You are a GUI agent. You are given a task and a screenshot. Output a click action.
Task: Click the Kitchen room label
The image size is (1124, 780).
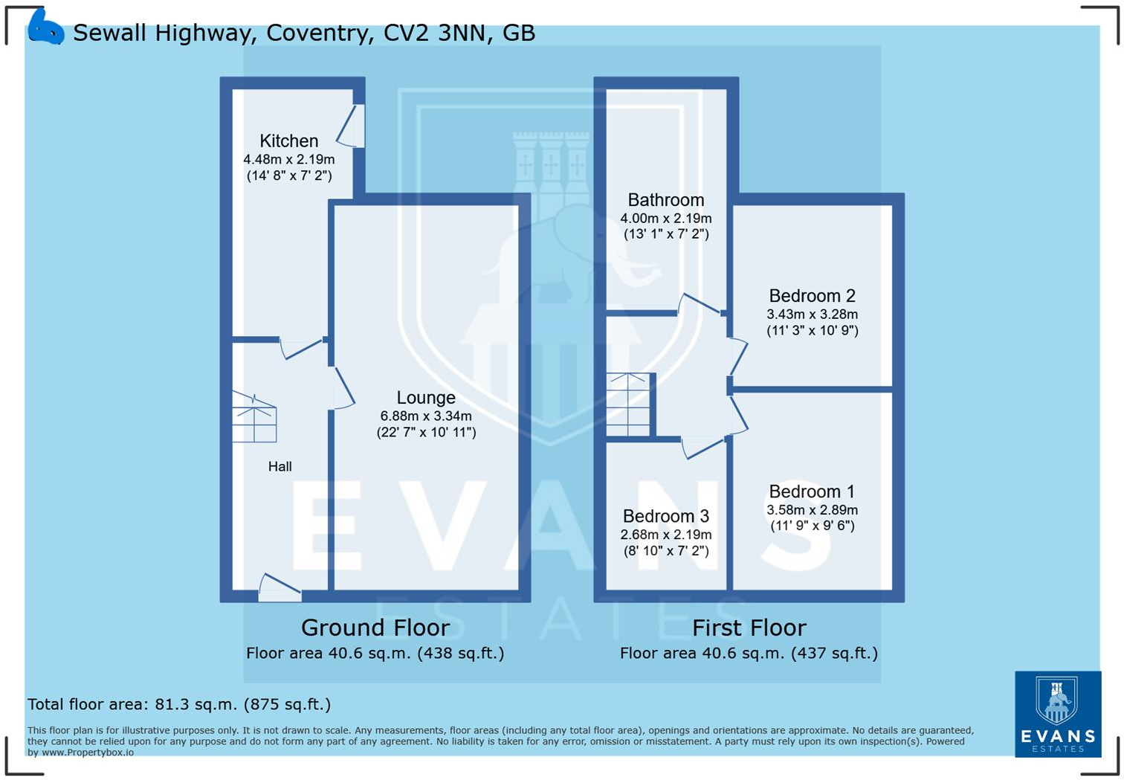(x=288, y=141)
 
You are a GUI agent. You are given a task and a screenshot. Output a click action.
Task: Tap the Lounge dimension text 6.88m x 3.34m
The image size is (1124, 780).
(x=425, y=416)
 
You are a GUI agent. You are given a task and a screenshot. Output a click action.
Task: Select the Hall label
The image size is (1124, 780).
(x=280, y=466)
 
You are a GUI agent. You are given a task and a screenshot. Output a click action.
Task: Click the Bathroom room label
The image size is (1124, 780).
(x=665, y=199)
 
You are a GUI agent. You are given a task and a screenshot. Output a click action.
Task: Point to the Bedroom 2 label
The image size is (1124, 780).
(x=812, y=295)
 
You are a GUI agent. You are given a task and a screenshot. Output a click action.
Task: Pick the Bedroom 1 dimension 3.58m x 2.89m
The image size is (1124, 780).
(x=812, y=510)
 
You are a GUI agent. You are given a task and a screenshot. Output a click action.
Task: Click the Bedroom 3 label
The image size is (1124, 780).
(x=665, y=516)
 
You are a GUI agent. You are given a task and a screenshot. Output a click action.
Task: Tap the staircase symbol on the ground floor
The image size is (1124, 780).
(x=254, y=418)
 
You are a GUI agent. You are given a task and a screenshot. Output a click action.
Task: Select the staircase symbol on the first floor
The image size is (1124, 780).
(x=628, y=405)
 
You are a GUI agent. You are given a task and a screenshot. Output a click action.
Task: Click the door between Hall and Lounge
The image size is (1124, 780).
(x=341, y=387)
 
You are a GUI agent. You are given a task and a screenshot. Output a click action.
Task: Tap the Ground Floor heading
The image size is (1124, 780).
(x=375, y=628)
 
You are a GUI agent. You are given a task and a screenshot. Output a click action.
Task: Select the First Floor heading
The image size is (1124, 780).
(x=749, y=628)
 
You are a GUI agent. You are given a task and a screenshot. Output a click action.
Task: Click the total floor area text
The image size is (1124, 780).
(x=179, y=704)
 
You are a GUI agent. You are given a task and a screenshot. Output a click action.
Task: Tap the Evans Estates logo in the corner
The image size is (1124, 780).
(x=1058, y=714)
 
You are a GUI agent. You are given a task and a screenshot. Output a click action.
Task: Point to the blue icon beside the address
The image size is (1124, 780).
(x=45, y=29)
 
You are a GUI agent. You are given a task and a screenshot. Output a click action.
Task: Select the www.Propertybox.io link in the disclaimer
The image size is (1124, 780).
(x=88, y=752)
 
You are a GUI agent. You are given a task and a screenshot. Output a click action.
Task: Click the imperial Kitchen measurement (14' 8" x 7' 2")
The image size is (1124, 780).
(x=288, y=175)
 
